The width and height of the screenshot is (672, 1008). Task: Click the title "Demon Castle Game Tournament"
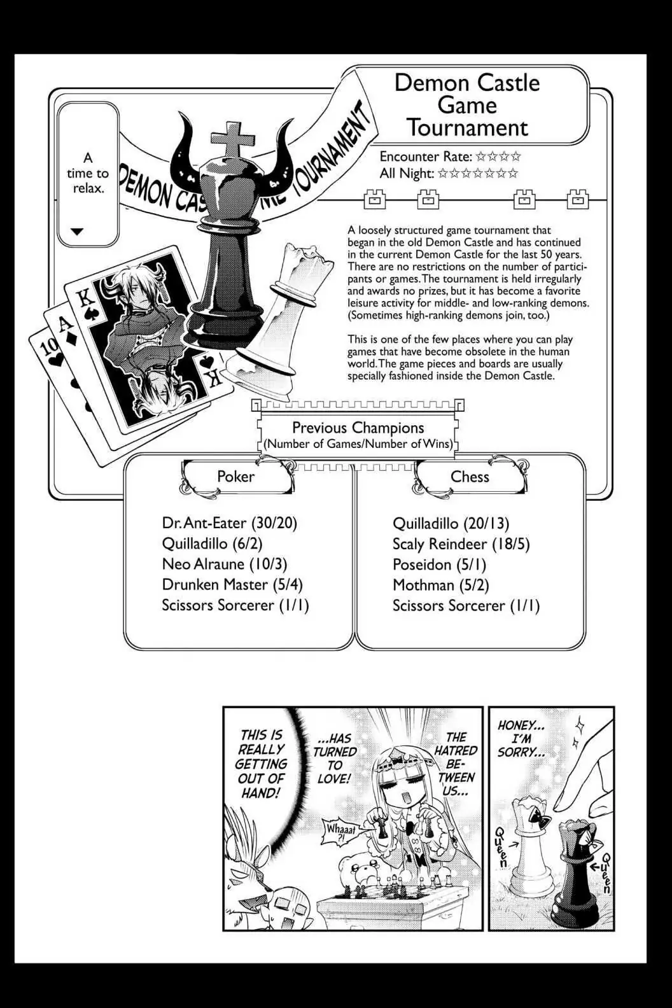[x=467, y=105]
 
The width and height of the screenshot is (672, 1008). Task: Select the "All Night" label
[x=407, y=173]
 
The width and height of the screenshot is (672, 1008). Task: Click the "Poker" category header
[x=235, y=477]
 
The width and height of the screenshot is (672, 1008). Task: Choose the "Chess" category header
[x=470, y=477]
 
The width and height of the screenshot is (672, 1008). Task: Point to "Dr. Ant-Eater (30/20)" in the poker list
[x=230, y=523]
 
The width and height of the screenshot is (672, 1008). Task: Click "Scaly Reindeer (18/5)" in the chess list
[x=461, y=544]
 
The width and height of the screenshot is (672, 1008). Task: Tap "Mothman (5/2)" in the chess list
[x=440, y=585]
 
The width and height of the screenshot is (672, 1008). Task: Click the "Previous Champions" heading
[x=358, y=428]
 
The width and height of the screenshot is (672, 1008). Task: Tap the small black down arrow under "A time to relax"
[x=77, y=232]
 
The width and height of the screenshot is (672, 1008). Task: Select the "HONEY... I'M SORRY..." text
[x=522, y=739]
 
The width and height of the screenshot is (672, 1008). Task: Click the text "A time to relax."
[x=88, y=173]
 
